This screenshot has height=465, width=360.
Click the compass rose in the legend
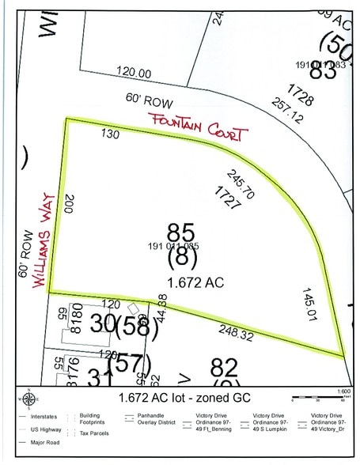[x=29, y=396]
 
